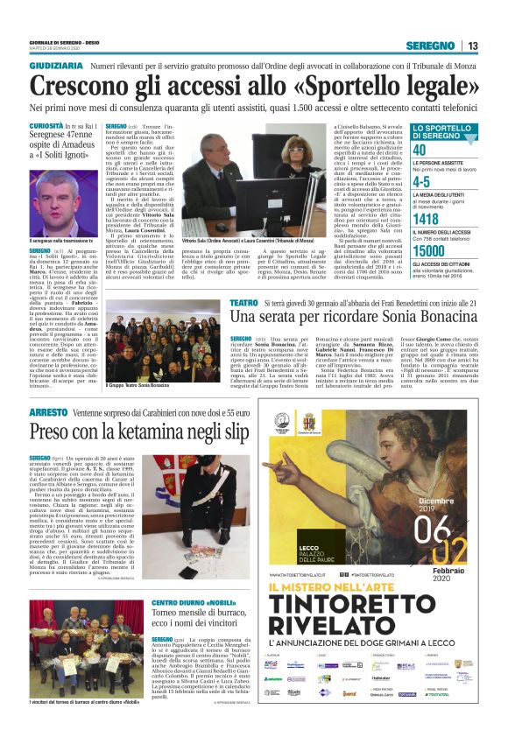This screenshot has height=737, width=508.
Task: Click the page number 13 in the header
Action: click(473, 46)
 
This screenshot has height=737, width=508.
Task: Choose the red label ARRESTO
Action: click(49, 411)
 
